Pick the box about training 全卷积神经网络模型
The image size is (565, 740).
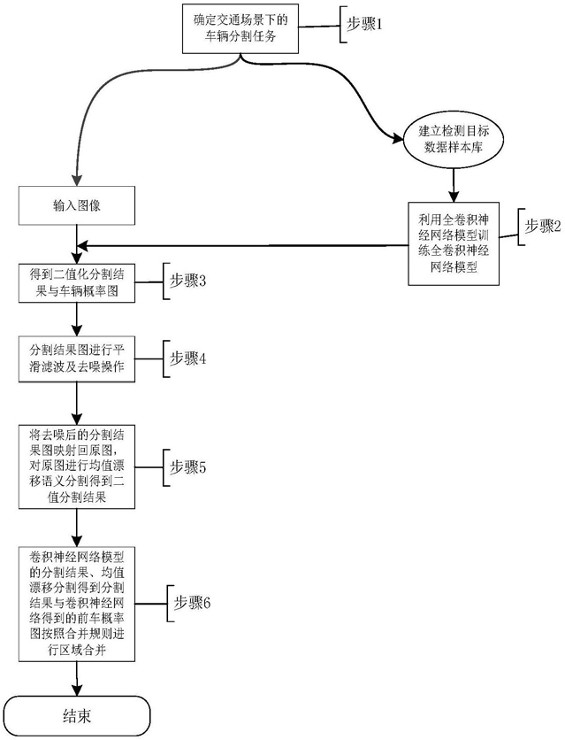pos(454,239)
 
